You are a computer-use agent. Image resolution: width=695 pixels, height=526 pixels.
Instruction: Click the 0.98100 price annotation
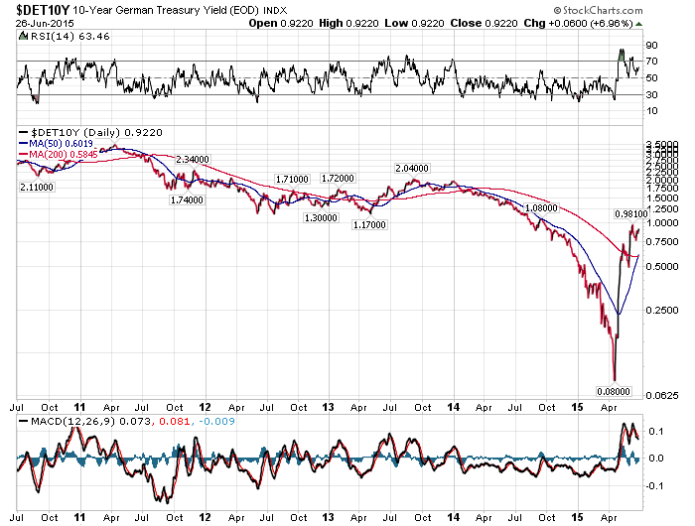coord(630,213)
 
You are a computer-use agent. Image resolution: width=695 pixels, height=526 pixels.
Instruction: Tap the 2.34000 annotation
coord(192,159)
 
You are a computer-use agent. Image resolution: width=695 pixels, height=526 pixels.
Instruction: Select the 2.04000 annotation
coord(412,169)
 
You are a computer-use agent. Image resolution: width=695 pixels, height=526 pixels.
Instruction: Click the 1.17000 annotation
coord(370,225)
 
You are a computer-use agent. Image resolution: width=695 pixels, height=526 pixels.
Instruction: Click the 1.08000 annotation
coord(540,208)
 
